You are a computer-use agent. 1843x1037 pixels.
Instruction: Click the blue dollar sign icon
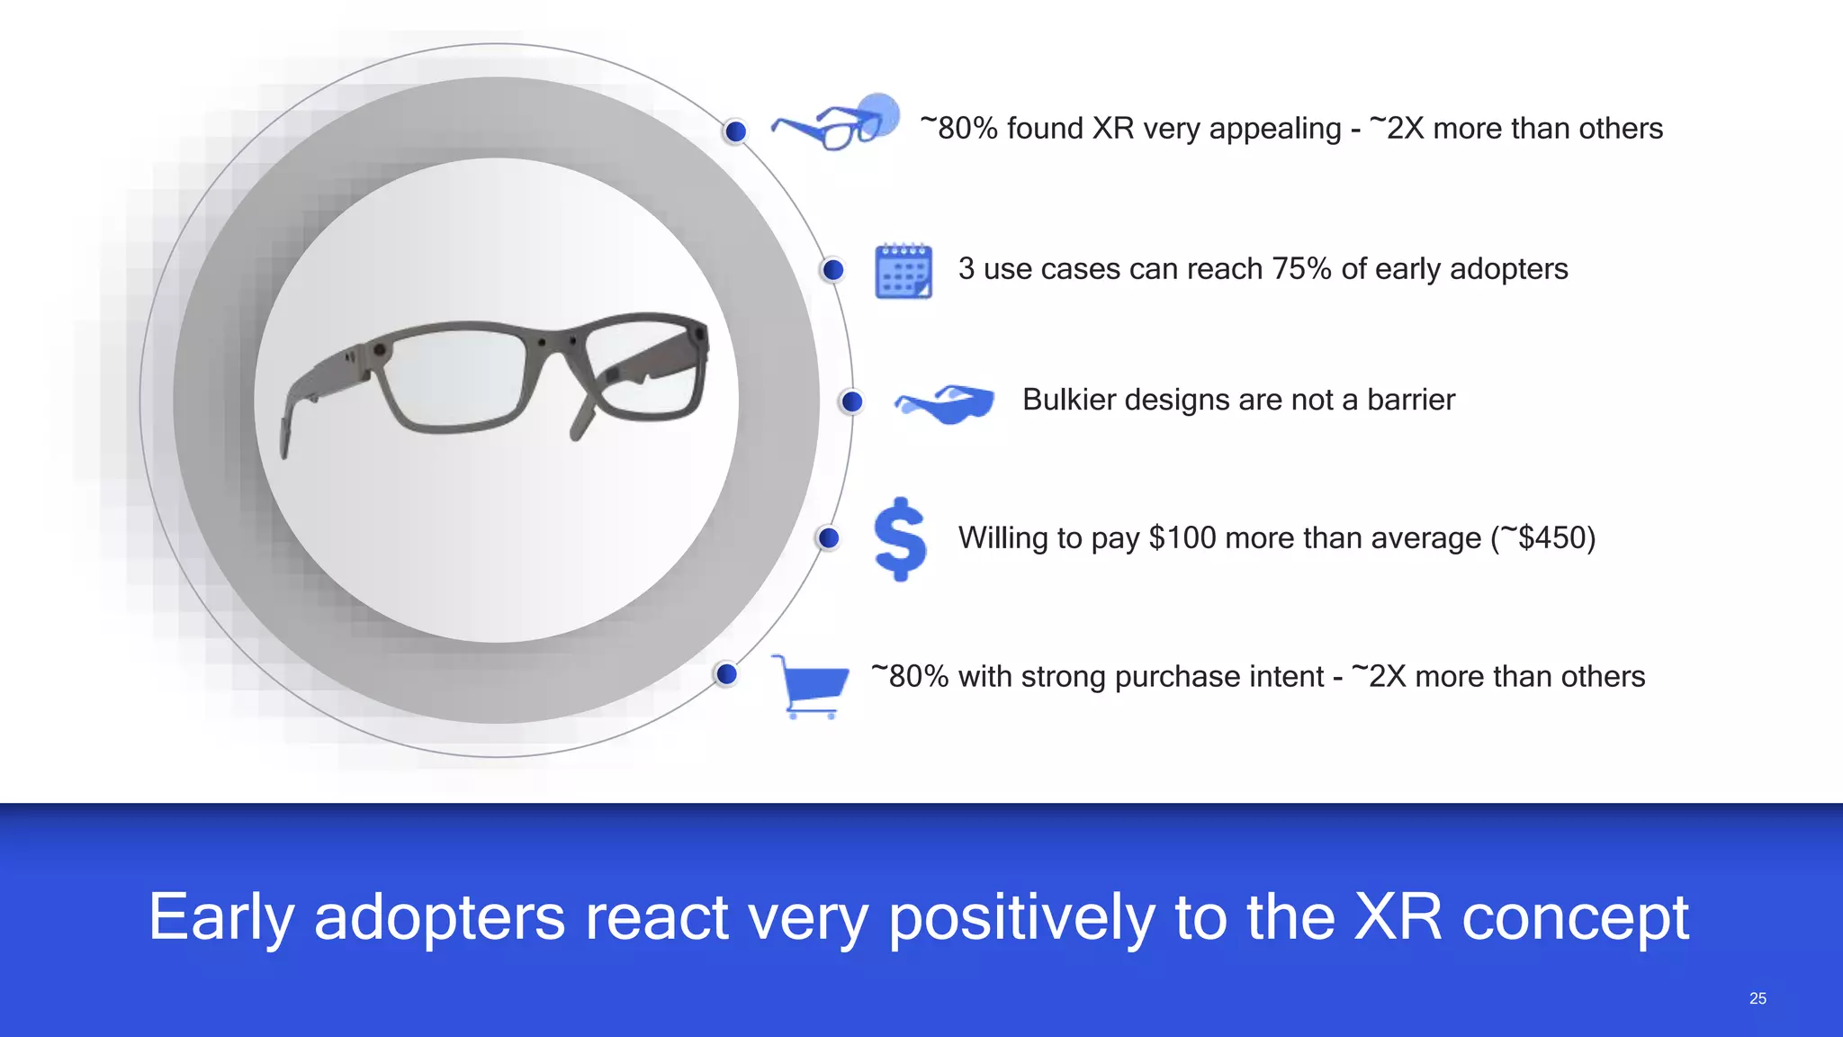pos(900,538)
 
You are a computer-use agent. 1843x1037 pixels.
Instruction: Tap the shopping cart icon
pos(811,686)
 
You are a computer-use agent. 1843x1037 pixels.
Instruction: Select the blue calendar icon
pos(904,270)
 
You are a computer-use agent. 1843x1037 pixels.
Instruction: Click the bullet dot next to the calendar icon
pos(833,269)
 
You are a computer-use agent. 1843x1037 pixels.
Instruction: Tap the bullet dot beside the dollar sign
pos(829,538)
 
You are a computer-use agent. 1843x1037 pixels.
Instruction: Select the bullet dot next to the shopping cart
pos(726,674)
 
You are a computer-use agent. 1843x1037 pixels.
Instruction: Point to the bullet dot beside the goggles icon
pos(851,401)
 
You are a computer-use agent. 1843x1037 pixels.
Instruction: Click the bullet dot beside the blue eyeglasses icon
pos(736,131)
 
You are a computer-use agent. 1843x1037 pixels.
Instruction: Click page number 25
pos(1758,998)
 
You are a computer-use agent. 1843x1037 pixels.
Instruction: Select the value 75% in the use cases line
pos(1301,269)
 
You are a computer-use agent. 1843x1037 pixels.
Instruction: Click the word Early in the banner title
pos(221,917)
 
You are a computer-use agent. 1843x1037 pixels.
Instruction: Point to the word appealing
pos(1275,129)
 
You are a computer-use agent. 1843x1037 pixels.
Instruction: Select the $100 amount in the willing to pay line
pos(1182,538)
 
